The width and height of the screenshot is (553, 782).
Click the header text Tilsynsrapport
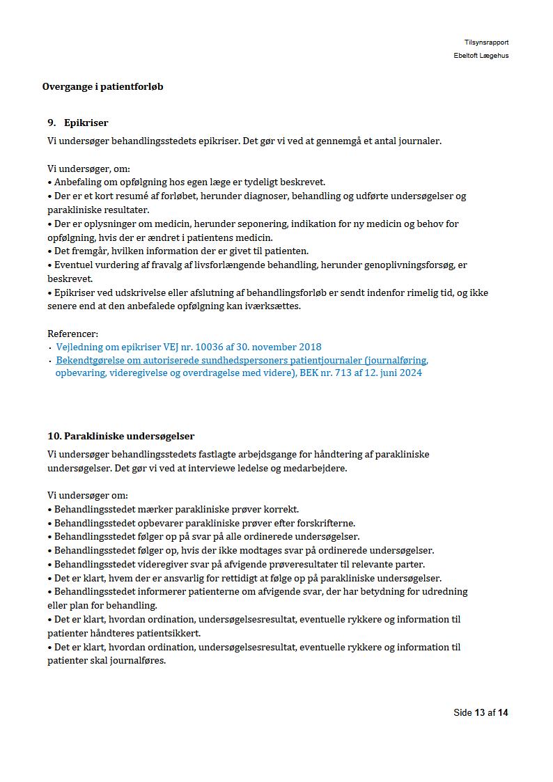point(486,42)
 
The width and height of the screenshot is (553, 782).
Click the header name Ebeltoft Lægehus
point(481,56)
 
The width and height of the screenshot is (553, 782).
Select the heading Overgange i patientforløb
point(102,87)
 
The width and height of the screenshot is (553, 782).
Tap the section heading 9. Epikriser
point(78,123)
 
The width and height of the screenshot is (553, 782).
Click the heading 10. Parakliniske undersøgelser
point(120,436)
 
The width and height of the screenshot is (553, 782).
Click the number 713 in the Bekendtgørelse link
point(345,373)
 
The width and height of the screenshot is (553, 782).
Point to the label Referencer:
point(72,334)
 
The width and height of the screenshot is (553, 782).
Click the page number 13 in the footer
point(479,712)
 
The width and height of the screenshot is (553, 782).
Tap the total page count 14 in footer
point(503,712)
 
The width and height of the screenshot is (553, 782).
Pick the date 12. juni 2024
point(390,373)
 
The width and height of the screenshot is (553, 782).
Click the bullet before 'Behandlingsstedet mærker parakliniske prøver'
point(50,510)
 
